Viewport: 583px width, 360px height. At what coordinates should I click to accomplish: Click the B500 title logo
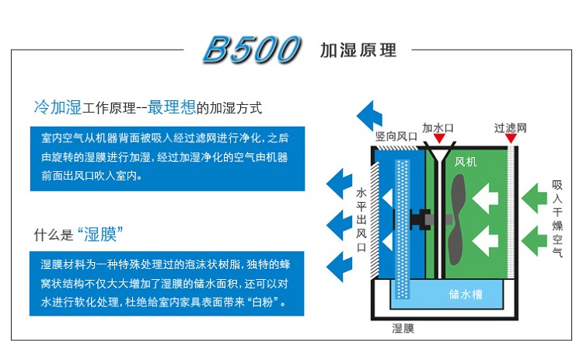point(251,49)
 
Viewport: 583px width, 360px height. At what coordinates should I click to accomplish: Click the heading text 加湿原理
point(358,51)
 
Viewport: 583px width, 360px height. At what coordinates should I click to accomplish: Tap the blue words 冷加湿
point(58,107)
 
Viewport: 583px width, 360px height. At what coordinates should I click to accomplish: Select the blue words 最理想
point(172,107)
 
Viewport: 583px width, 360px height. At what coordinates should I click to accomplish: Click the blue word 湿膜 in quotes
point(100,235)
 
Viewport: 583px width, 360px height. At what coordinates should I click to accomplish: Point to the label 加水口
point(438,128)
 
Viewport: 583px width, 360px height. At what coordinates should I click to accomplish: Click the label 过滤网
point(511,128)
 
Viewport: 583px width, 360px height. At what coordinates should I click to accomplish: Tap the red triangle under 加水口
point(439,138)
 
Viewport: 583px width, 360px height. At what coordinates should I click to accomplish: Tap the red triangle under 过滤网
point(511,138)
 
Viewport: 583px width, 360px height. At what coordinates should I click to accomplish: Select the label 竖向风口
point(396,137)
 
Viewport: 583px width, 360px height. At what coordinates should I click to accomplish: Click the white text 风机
point(465,162)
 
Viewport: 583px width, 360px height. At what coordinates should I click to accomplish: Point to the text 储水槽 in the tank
point(466,294)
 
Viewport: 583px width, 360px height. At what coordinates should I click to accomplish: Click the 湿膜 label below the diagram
point(403,328)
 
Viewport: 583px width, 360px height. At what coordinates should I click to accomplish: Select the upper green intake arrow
point(534,197)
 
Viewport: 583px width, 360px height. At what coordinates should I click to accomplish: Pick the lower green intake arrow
point(534,240)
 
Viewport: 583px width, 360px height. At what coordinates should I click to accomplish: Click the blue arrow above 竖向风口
point(369,116)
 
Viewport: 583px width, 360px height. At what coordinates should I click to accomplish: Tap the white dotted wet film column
point(403,229)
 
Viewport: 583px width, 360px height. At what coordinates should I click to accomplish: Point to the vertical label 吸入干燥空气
point(557,218)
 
